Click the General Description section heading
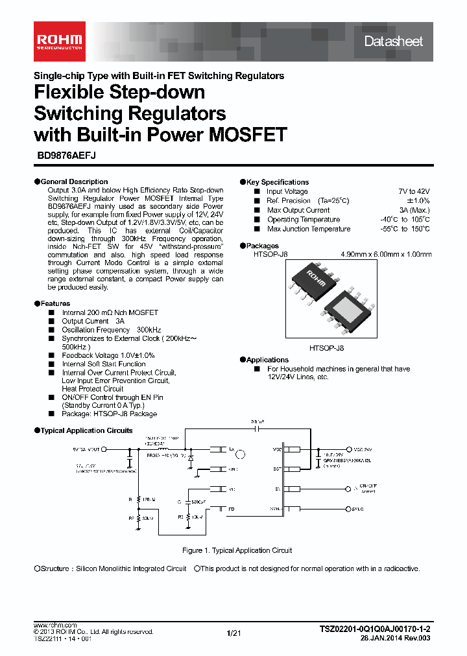pyautogui.click(x=74, y=182)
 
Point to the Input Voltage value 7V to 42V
pyautogui.click(x=414, y=192)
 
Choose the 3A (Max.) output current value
pyautogui.click(x=414, y=210)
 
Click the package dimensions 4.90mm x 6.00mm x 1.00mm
pyautogui.click(x=386, y=255)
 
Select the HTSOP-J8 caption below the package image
pyautogui.click(x=326, y=348)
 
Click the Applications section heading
pyautogui.click(x=267, y=360)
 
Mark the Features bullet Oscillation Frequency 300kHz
pyautogui.click(x=102, y=330)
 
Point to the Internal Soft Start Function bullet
pyautogui.click(x=103, y=364)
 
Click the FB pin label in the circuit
pyautogui.click(x=232, y=510)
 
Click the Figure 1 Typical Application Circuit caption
pyautogui.click(x=237, y=550)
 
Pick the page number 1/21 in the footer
pyautogui.click(x=233, y=633)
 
